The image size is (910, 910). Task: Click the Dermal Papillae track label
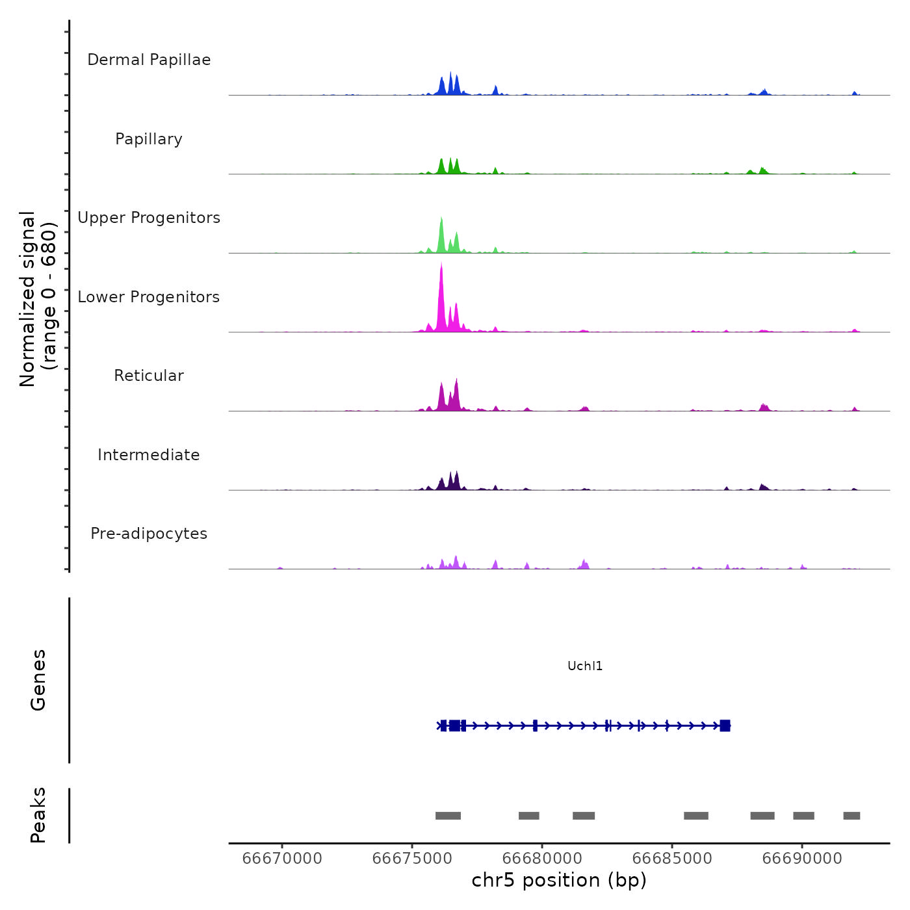149,60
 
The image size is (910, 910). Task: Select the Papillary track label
149,139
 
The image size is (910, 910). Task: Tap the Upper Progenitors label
149,218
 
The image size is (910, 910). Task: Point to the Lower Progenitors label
149,297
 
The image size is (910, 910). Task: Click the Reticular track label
149,376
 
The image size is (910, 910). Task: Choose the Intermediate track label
149,455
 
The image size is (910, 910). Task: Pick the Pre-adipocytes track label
149,534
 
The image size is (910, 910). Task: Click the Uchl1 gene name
585,666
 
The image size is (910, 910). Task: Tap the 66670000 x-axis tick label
282,859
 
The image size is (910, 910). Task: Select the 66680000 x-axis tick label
542,859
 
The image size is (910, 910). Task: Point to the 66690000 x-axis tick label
802,859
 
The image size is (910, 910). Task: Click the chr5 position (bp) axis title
559,881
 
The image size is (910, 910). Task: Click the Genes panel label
38,680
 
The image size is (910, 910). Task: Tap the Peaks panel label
38,815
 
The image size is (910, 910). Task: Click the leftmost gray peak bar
448,816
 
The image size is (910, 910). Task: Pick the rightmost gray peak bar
851,816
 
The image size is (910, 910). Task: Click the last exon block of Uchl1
725,725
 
